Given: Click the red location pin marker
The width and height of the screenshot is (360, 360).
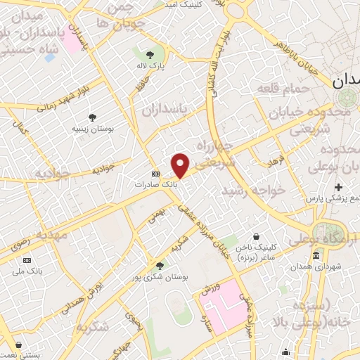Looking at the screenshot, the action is click(x=181, y=165).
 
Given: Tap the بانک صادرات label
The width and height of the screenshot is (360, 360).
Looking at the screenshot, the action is click(x=155, y=184).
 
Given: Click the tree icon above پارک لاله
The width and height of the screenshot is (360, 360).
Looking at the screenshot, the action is click(x=149, y=53).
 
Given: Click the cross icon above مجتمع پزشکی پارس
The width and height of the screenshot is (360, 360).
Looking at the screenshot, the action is click(x=339, y=187).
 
